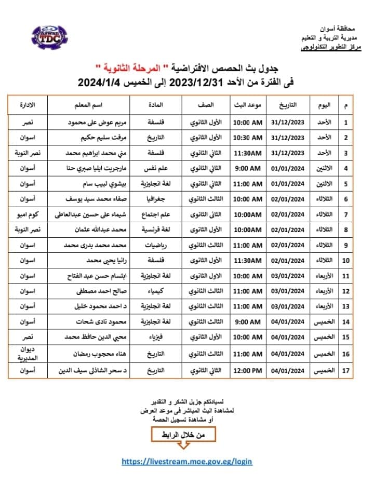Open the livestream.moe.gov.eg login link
coord(187,461)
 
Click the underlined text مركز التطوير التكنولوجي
coord(332,47)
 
